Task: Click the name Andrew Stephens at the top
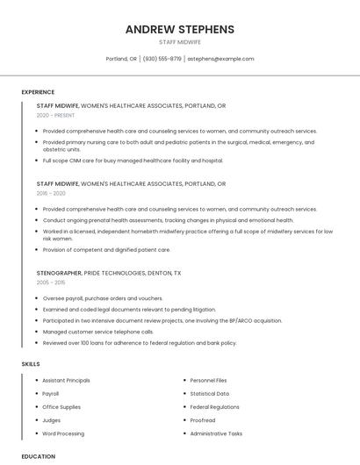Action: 179,29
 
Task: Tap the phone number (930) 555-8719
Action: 162,59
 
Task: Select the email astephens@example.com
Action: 221,59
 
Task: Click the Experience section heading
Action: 38,92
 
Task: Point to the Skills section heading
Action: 30,363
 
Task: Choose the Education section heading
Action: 39,456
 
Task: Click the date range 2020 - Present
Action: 55,115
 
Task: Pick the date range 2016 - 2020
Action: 51,193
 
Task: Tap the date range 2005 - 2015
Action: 51,283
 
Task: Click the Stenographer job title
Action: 59,273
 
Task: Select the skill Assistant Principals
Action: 66,381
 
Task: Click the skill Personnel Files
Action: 208,381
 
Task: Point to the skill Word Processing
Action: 63,433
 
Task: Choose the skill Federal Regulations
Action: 214,407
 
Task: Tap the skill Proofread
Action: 202,420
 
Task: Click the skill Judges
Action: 51,420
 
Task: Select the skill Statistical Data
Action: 209,394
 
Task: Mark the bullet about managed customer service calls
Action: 98,332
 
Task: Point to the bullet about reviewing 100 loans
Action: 140,343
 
